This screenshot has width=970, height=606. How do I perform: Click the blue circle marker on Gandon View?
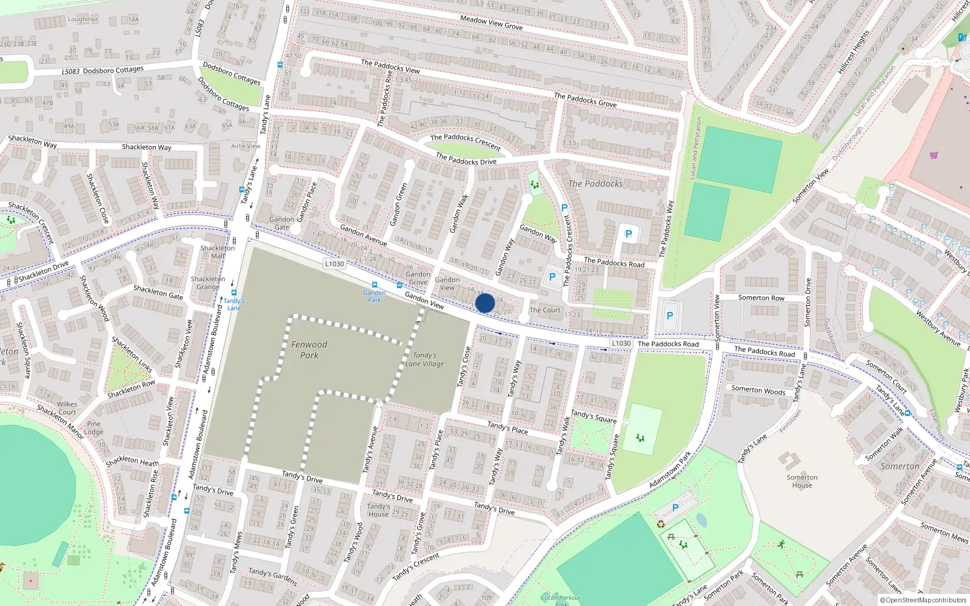point(485,303)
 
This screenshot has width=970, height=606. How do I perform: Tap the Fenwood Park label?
point(309,350)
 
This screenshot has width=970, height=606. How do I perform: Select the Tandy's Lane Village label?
point(425,359)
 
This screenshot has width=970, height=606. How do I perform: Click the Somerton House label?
point(802,481)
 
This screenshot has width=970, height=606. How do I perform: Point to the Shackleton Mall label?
point(217,252)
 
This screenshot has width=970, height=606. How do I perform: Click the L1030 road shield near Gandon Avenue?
point(334,264)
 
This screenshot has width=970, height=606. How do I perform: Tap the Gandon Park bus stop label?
point(375,296)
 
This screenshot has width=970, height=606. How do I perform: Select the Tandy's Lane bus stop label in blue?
point(234,304)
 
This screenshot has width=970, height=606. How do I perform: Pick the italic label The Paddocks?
point(595,184)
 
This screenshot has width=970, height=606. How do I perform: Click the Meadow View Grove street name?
point(491,23)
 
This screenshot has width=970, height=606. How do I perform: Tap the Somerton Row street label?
point(761,298)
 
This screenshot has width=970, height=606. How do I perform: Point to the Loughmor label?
point(83,19)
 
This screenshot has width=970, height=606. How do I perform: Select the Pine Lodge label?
point(93,428)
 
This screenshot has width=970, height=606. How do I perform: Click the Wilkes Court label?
point(67,408)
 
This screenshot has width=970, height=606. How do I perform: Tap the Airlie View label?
point(246,146)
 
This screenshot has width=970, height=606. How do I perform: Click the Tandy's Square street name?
point(594,416)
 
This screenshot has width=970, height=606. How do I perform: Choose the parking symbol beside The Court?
point(552,277)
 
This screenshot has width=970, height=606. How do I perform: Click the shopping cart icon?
point(934,155)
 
